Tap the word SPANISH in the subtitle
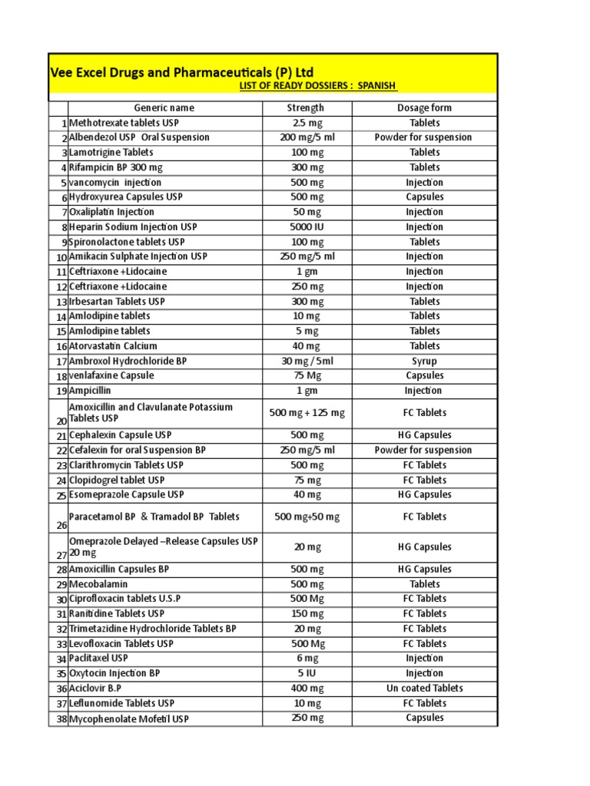376,86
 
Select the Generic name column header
164,108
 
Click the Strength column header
306,108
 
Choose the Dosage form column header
424,108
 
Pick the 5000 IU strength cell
307,227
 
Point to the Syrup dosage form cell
424,361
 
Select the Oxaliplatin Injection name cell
111,212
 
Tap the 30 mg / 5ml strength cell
307,361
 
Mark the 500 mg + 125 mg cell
307,413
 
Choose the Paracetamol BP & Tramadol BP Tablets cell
154,517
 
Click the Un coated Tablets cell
424,689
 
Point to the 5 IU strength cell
307,673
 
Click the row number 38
60,720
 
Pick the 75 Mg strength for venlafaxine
307,375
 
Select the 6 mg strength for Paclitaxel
307,659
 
